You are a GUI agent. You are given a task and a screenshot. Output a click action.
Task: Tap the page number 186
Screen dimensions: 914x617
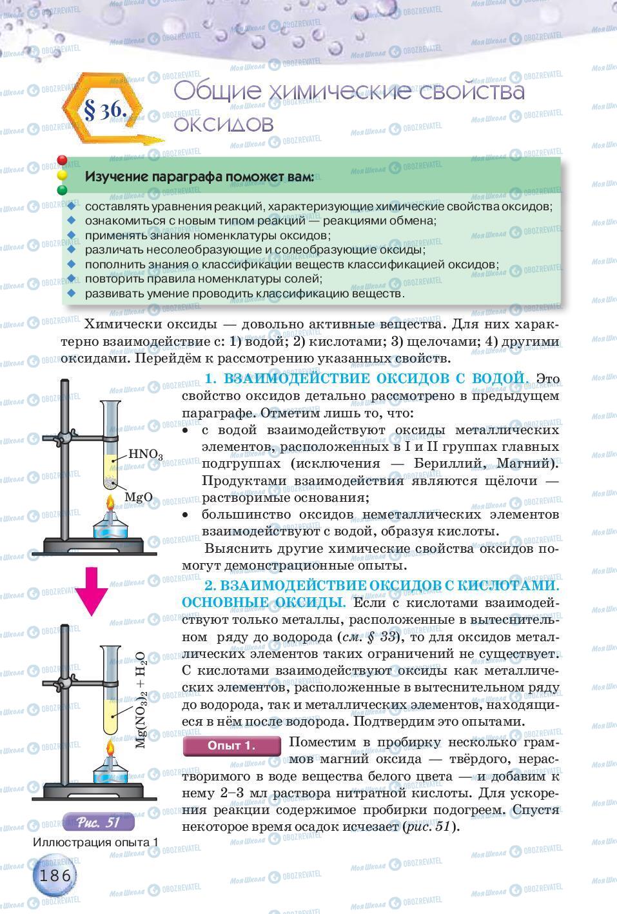56,875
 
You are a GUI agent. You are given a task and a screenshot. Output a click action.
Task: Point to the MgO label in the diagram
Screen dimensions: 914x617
138,497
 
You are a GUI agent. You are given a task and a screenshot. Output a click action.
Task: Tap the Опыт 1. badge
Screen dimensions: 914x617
231,746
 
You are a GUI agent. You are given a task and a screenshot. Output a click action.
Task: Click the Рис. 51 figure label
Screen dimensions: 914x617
99,822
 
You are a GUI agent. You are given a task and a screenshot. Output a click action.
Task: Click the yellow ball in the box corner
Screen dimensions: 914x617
63,175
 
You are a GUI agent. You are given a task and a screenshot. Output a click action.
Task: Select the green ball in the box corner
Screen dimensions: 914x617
63,190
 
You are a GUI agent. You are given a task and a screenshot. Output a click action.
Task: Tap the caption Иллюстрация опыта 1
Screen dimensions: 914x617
95,842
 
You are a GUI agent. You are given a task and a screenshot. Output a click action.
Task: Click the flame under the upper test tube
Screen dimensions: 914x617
110,504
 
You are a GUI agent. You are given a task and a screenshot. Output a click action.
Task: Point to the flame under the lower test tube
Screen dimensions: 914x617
110,751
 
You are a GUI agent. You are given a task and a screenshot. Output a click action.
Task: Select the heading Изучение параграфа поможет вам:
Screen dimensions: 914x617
200,176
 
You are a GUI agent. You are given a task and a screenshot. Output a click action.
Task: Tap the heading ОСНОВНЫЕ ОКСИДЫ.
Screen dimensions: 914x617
264,602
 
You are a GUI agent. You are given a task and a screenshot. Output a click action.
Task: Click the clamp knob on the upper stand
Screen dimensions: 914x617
64,438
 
